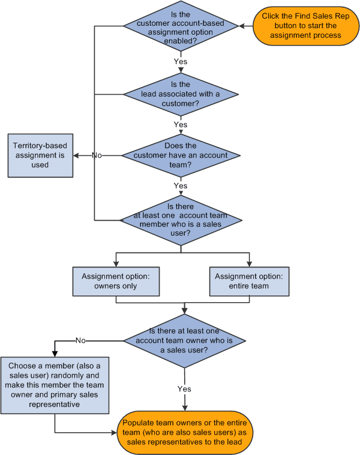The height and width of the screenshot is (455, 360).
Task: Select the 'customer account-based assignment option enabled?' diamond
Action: click(x=181, y=26)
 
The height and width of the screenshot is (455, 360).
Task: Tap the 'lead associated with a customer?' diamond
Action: click(x=181, y=94)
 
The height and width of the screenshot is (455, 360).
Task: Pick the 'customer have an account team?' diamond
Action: click(x=181, y=155)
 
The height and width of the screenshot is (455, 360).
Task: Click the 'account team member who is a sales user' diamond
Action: click(x=181, y=219)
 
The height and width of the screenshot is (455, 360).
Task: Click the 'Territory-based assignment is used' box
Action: click(x=40, y=155)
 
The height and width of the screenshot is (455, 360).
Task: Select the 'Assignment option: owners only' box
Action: click(x=116, y=281)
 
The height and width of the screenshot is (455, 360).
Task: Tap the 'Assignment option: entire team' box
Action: click(x=249, y=281)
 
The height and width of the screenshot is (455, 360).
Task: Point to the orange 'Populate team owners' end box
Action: click(x=185, y=432)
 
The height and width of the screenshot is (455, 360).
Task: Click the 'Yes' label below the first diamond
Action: click(x=180, y=61)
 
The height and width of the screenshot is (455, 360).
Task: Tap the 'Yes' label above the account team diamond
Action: click(x=180, y=125)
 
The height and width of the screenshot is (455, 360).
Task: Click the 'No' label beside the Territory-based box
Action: click(x=97, y=155)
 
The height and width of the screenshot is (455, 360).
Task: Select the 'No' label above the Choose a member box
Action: click(x=81, y=341)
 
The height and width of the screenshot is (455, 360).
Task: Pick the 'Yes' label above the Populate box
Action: click(x=184, y=388)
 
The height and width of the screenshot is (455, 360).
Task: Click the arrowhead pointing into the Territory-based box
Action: click(x=76, y=155)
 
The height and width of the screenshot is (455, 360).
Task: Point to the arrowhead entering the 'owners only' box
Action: click(x=116, y=264)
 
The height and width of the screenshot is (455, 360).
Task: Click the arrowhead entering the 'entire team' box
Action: click(x=249, y=264)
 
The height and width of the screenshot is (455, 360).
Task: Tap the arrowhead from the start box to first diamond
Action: click(x=242, y=26)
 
